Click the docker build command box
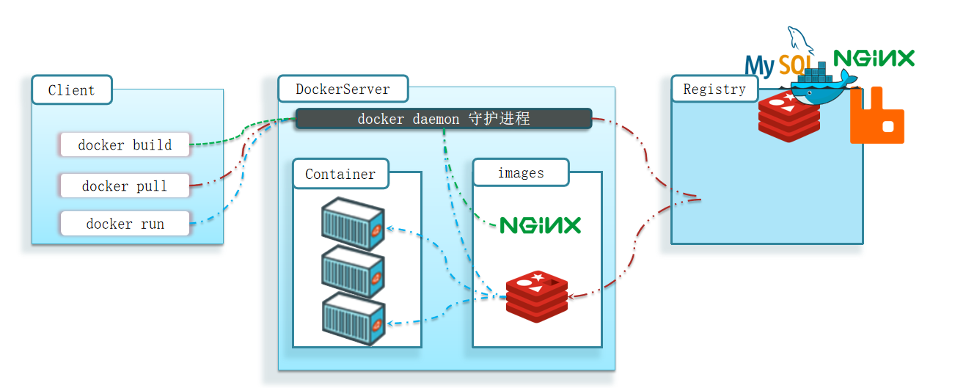[125, 145]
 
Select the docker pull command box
[125, 186]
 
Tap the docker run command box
[125, 224]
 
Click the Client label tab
[72, 90]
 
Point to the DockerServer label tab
[343, 89]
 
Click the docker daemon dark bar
[443, 119]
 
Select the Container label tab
[340, 174]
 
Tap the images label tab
[521, 173]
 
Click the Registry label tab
[714, 89]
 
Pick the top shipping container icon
[354, 224]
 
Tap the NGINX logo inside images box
[540, 224]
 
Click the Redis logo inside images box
[538, 296]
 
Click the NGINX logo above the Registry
[874, 59]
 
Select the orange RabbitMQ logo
[877, 116]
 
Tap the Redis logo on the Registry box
[788, 116]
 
